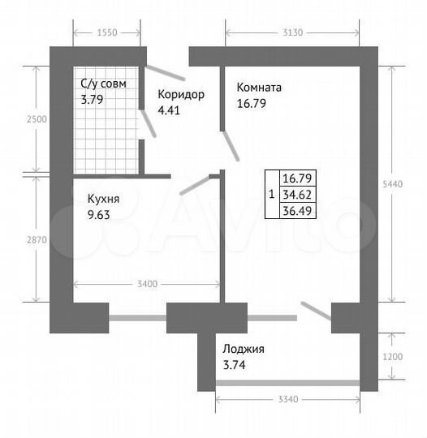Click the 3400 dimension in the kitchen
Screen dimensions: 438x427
147,284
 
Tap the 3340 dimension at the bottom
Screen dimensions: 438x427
288,401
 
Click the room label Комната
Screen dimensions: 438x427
259,88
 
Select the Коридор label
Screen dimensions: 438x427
181,94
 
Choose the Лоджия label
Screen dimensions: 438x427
244,350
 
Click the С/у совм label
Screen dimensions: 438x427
103,84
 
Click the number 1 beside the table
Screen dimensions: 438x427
270,194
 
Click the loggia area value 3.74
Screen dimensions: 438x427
235,365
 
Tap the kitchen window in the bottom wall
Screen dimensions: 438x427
138,318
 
